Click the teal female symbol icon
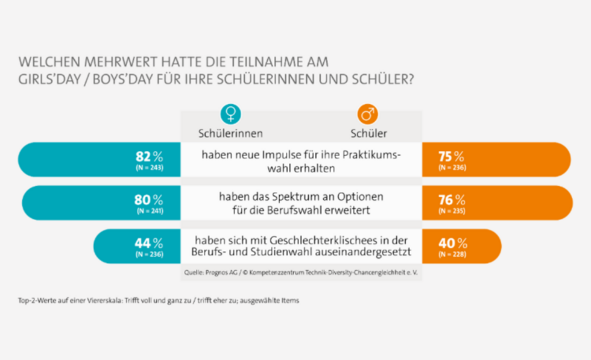230,114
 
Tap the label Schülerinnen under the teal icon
230,133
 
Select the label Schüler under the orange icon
368,133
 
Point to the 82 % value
149,156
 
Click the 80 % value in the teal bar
148,200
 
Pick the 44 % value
148,243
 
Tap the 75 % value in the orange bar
451,156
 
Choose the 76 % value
451,200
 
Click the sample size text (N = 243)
149,168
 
